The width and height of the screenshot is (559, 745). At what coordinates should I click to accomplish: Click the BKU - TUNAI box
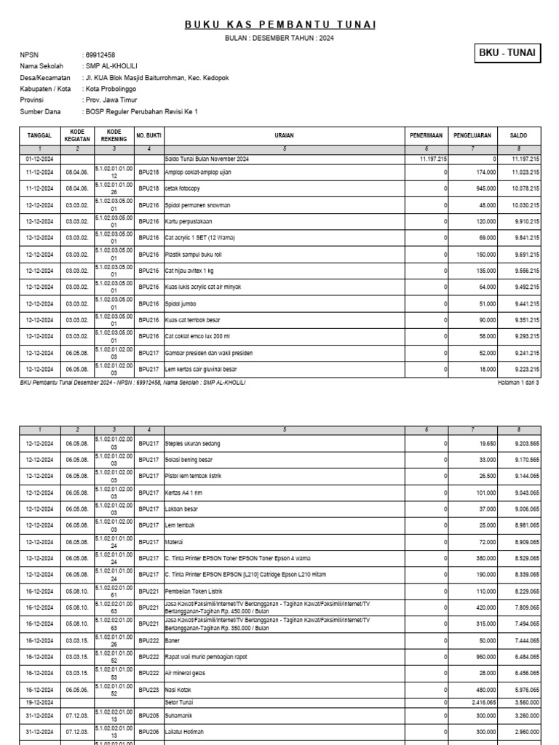coord(507,53)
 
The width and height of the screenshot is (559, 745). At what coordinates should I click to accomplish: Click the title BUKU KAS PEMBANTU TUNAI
coord(280,25)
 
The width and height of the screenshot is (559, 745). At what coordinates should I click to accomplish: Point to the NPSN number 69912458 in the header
coord(100,55)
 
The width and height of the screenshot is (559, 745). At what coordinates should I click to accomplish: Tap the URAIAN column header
coord(285,135)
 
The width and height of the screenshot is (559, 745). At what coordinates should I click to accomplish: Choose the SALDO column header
coord(519,135)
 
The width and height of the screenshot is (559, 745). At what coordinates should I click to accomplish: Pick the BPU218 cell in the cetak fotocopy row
coord(148,189)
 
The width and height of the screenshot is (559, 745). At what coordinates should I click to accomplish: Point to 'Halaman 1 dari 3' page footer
coord(518,382)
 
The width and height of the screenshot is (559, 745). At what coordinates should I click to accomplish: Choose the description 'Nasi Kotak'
coord(179,689)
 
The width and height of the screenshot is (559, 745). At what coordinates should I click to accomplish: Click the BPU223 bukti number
coord(148,689)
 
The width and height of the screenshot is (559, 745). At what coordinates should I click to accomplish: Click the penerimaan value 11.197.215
coord(433,159)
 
